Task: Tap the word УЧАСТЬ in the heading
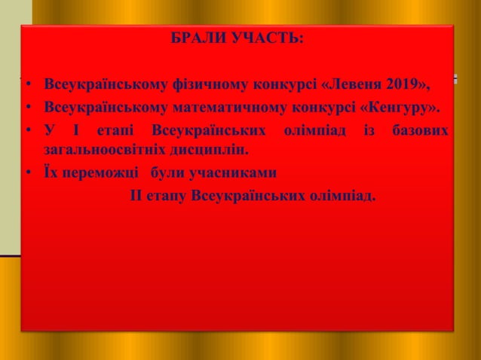pyautogui.click(x=268, y=37)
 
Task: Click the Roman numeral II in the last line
pyautogui.click(x=136, y=196)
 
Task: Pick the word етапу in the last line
pyautogui.click(x=167, y=196)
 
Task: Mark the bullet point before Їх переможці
pyautogui.click(x=26, y=173)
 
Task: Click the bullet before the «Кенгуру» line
pyautogui.click(x=26, y=106)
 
